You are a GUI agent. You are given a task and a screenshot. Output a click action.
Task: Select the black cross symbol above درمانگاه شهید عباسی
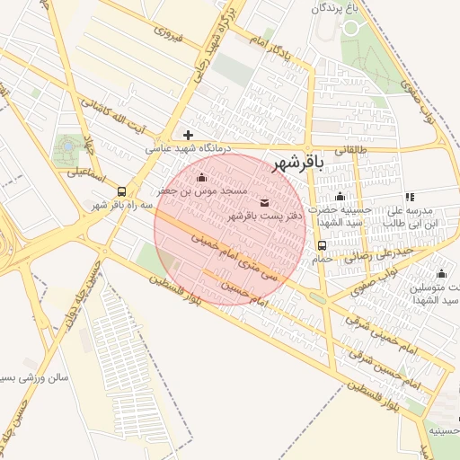pos(188,135)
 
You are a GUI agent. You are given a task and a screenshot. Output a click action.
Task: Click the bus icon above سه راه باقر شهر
pos(121,191)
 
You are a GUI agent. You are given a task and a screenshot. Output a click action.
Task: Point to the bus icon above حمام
pos(321,245)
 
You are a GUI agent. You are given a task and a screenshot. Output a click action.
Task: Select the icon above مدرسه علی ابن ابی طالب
pos(409,197)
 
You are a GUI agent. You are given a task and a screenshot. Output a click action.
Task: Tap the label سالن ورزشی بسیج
pos(35,377)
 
